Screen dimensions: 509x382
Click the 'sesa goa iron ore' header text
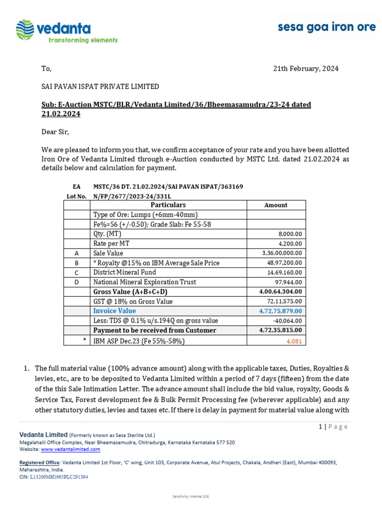(x=327, y=27)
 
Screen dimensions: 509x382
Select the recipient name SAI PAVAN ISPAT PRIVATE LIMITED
(x=99, y=86)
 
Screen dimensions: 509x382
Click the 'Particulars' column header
(x=168, y=205)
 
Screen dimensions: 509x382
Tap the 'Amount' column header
(x=276, y=205)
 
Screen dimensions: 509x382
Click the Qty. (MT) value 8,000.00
(x=287, y=234)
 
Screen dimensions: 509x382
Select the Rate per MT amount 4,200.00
(x=287, y=244)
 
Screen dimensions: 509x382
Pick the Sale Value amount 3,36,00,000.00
(x=281, y=253)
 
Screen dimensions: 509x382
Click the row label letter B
(x=77, y=263)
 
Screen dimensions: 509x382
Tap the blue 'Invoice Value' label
(x=114, y=311)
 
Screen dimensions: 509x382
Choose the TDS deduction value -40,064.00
(x=287, y=321)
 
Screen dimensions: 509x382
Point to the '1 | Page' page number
(x=333, y=426)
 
